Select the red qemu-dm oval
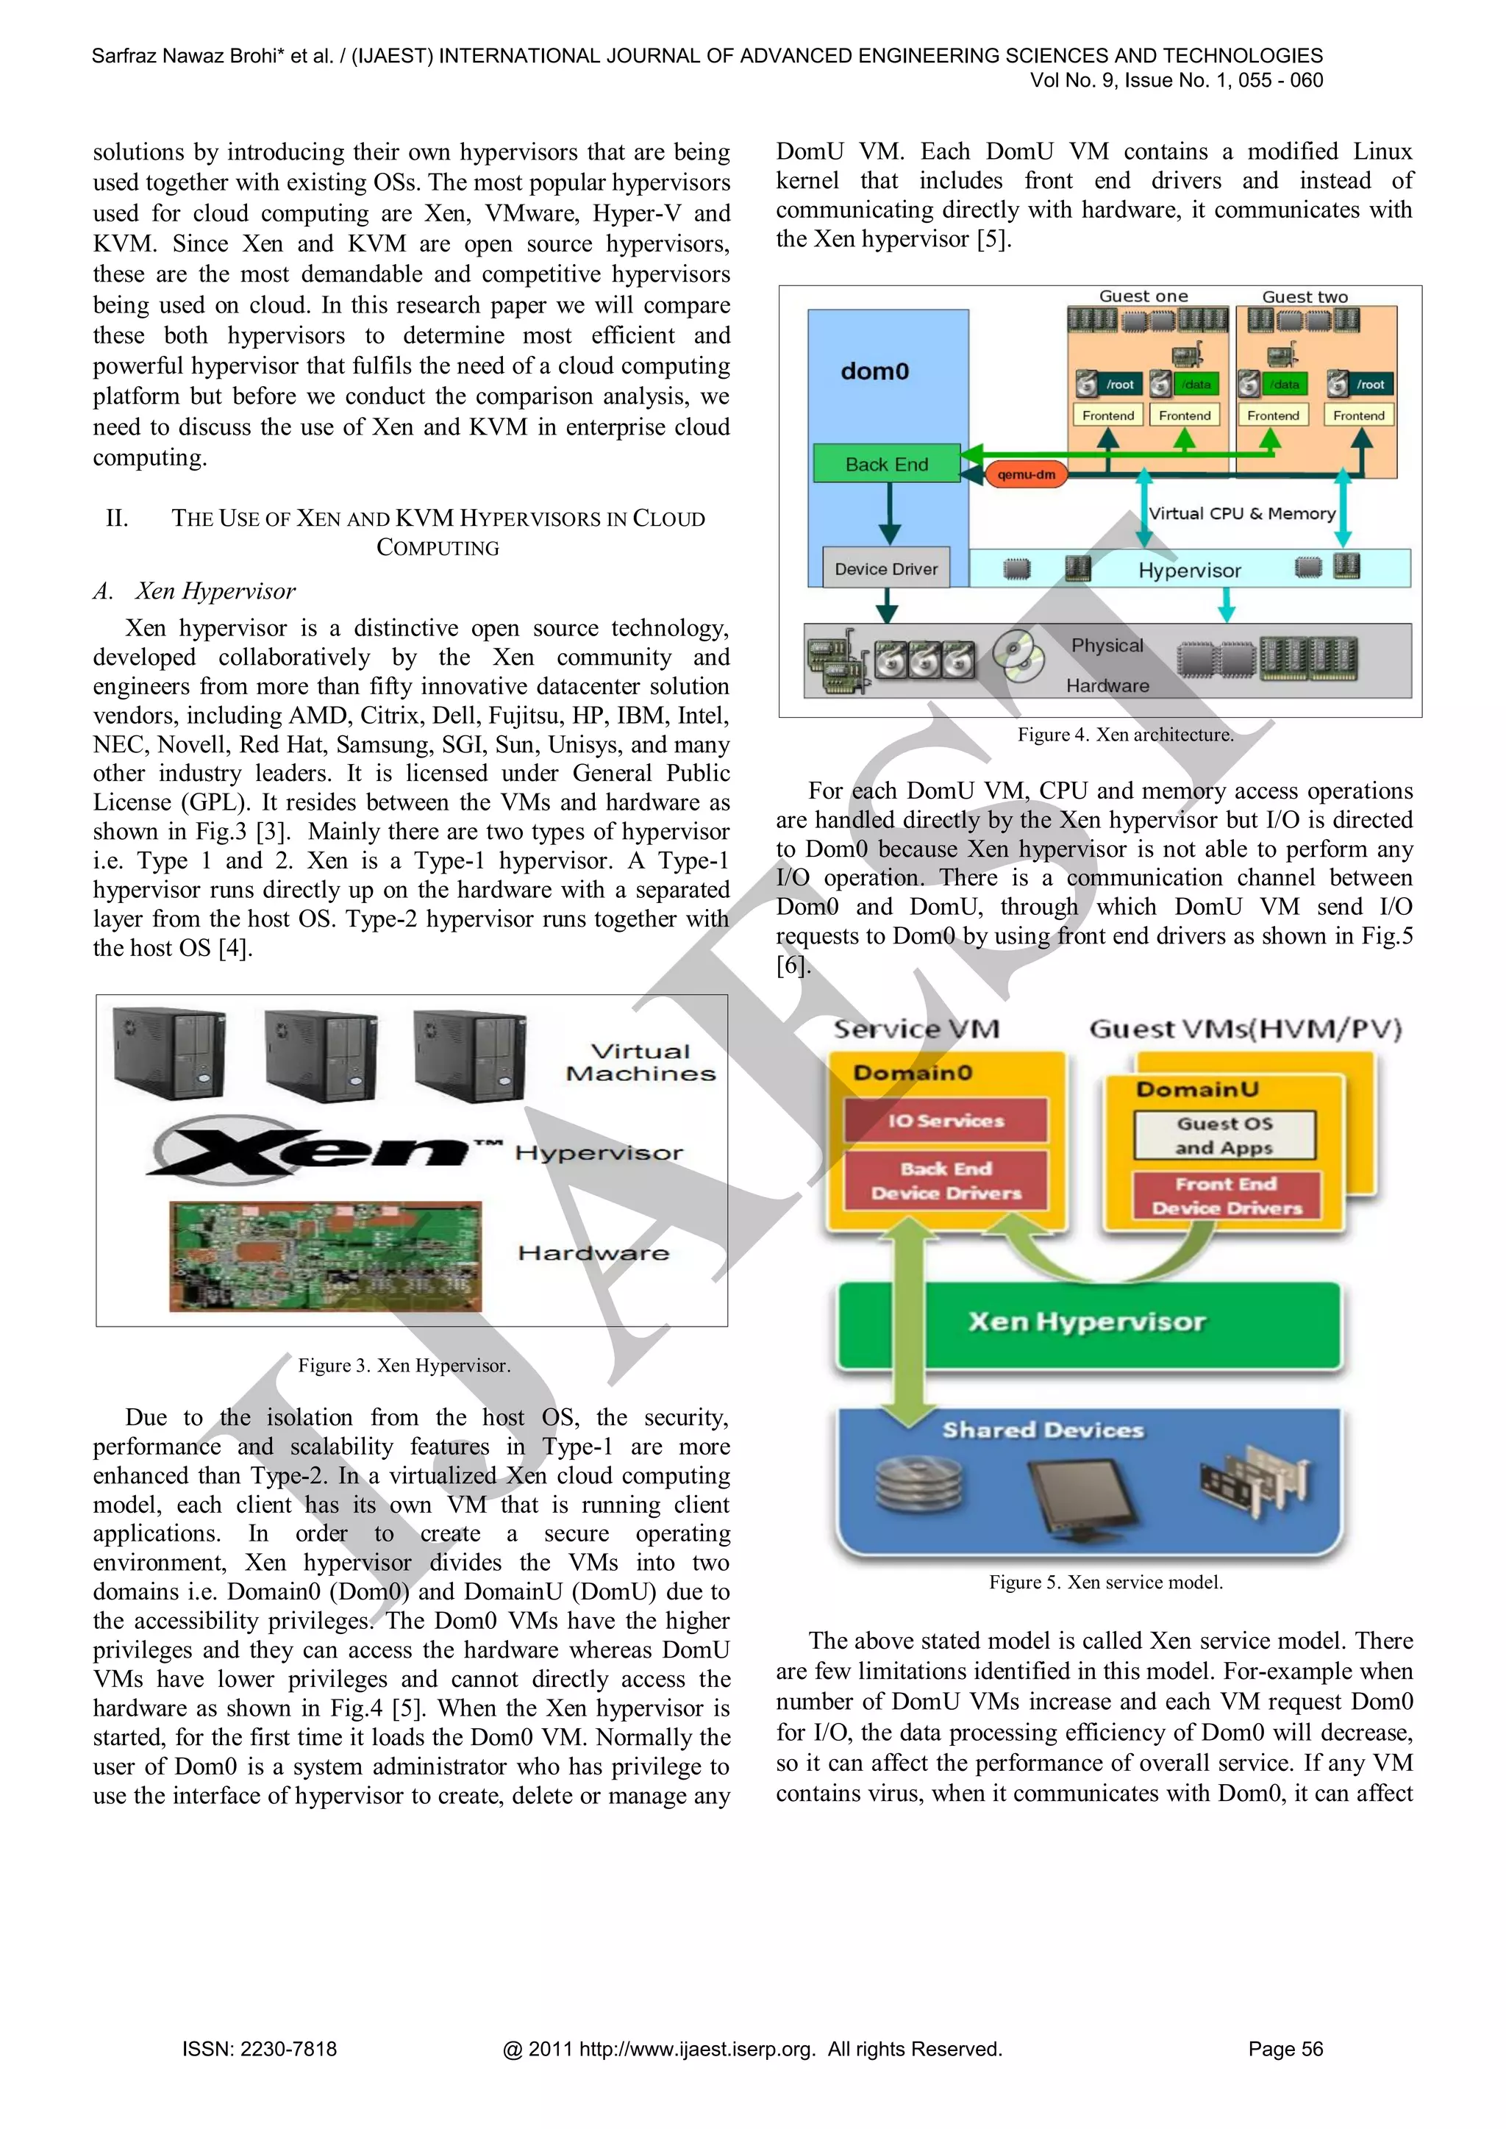[x=1026, y=475]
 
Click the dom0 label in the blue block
[x=874, y=372]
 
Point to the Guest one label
[x=1143, y=296]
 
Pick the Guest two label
[x=1304, y=296]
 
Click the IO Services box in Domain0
[x=945, y=1120]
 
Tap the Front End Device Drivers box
[x=1226, y=1195]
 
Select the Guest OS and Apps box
[x=1224, y=1135]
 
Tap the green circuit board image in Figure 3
[x=326, y=1257]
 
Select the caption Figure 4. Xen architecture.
[x=1125, y=735]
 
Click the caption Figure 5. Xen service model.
[x=1105, y=1582]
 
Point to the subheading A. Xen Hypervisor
[x=196, y=591]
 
